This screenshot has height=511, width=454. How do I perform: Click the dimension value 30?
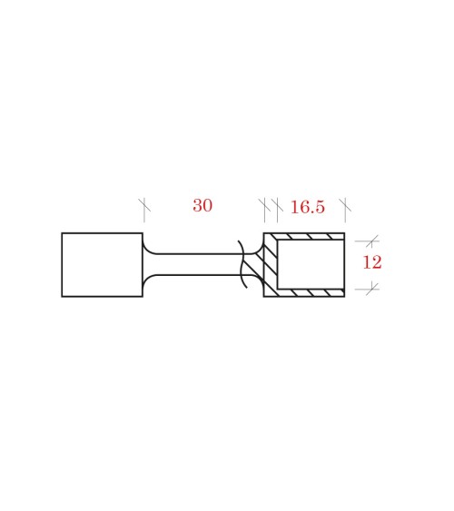(x=202, y=206)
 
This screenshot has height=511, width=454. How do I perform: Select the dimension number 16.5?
(x=307, y=208)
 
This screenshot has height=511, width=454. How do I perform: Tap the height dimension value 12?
(x=372, y=263)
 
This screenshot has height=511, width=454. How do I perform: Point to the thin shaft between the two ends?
(x=195, y=264)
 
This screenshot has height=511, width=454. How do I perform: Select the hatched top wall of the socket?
(x=309, y=237)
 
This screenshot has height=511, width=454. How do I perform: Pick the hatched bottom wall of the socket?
(x=309, y=292)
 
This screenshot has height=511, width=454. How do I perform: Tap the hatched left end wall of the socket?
(x=270, y=264)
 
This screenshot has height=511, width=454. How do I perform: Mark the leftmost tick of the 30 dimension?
(x=143, y=208)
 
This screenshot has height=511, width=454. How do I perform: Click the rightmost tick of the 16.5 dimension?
(x=344, y=208)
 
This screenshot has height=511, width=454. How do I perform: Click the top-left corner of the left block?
(x=62, y=233)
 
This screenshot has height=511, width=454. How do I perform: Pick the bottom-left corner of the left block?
(x=62, y=296)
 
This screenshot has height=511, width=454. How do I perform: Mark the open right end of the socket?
(x=344, y=264)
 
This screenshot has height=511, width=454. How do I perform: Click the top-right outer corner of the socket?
(x=344, y=233)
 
